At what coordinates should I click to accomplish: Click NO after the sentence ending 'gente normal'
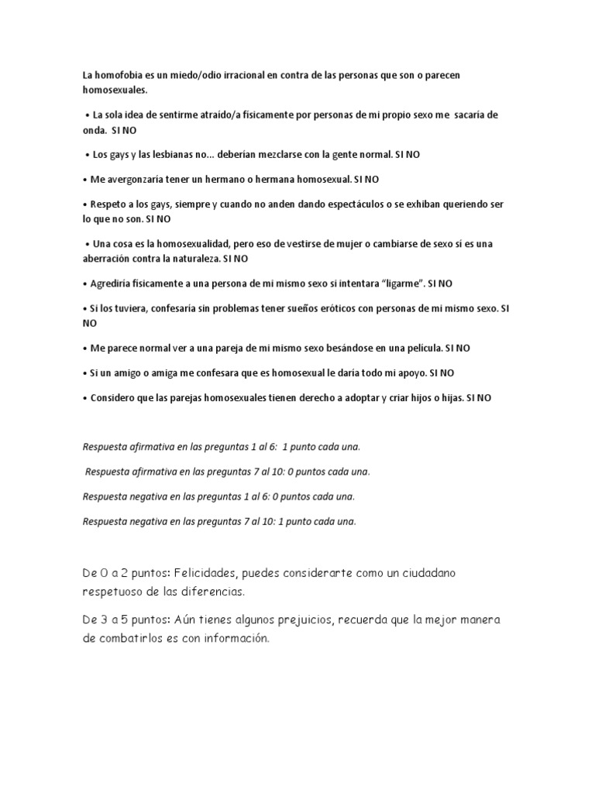(412, 155)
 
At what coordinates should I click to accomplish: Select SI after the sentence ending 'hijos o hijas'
(472, 398)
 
